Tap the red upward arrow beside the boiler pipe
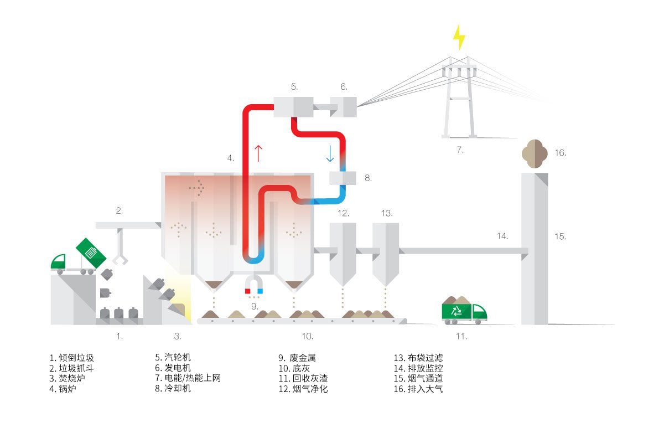point(258,153)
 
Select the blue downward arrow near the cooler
point(330,153)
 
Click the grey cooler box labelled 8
point(343,178)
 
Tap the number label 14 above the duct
point(502,236)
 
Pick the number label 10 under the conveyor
point(308,336)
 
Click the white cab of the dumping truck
point(59,261)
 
